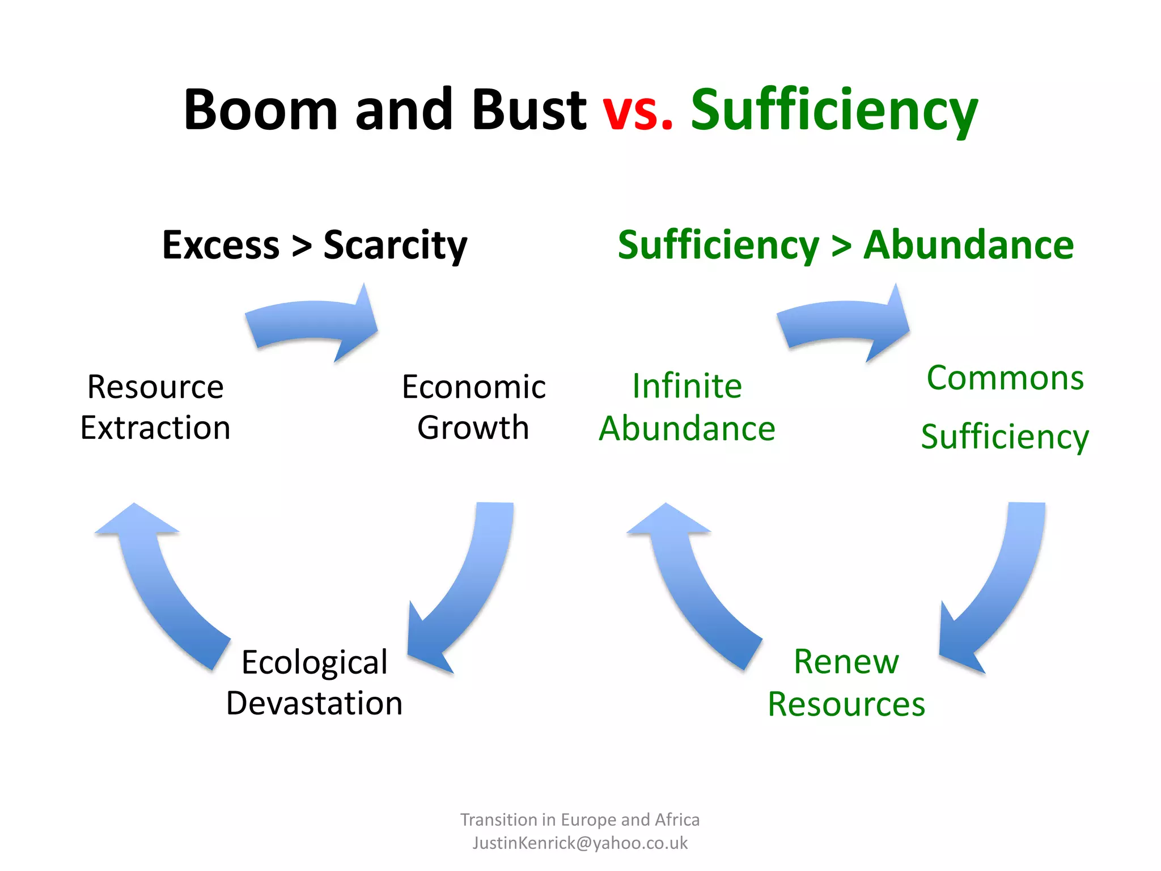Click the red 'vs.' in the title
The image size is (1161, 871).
click(637, 110)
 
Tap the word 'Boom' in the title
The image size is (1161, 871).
click(261, 110)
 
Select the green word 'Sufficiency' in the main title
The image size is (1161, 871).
click(834, 111)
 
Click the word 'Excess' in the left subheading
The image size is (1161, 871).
click(221, 245)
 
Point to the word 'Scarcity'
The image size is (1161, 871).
click(395, 246)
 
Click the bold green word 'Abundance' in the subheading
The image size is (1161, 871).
click(968, 245)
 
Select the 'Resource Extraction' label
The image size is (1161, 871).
click(155, 407)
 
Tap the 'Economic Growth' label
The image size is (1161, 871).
click(473, 407)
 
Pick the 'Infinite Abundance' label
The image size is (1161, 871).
click(687, 407)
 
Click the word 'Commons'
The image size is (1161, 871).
click(1005, 378)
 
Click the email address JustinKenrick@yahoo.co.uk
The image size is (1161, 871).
click(580, 843)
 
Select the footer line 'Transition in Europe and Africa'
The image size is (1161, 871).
click(580, 819)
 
